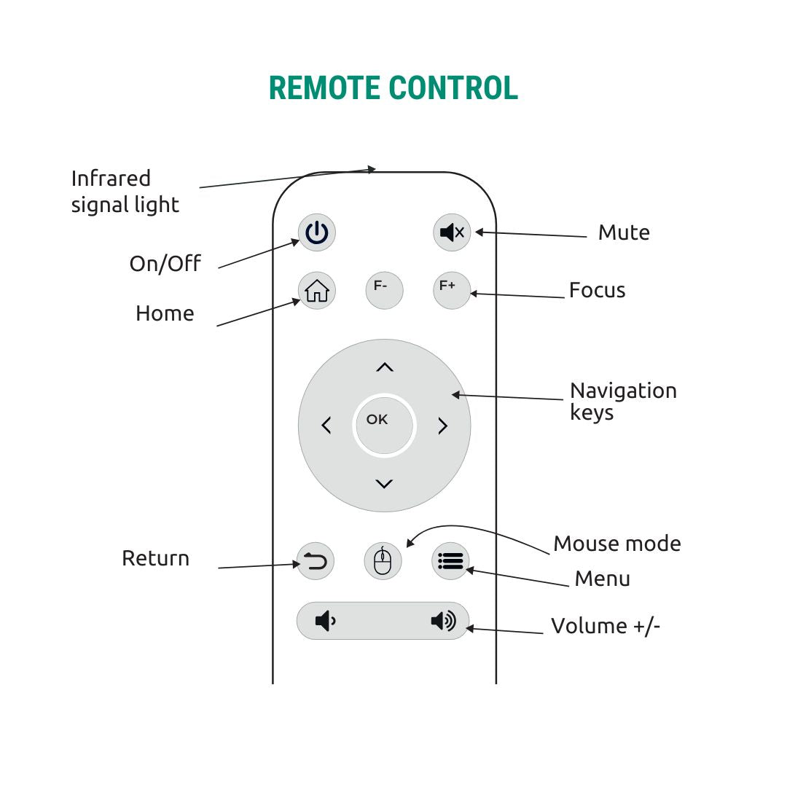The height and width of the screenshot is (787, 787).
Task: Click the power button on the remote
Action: click(317, 233)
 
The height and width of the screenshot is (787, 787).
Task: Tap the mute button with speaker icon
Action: click(452, 233)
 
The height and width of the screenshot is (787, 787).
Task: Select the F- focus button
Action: click(384, 289)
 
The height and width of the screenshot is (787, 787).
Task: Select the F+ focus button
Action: click(451, 289)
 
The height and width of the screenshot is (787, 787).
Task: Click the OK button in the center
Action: click(383, 425)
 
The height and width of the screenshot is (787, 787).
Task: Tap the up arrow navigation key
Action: click(384, 368)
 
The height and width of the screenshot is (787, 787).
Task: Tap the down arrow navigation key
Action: click(384, 483)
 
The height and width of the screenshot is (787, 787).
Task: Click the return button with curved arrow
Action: click(315, 561)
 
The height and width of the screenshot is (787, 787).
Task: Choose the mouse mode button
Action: click(383, 561)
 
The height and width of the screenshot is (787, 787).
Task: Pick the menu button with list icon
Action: click(450, 561)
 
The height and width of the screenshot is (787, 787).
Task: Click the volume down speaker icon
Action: click(325, 622)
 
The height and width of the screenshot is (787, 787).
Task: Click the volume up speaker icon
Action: click(443, 622)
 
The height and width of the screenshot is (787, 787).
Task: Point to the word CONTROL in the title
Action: click(453, 88)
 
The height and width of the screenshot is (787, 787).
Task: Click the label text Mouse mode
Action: click(616, 544)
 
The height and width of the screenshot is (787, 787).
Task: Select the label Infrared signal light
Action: click(125, 192)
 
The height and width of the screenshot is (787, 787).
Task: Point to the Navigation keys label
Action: click(623, 402)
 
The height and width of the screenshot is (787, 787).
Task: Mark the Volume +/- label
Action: click(605, 626)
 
